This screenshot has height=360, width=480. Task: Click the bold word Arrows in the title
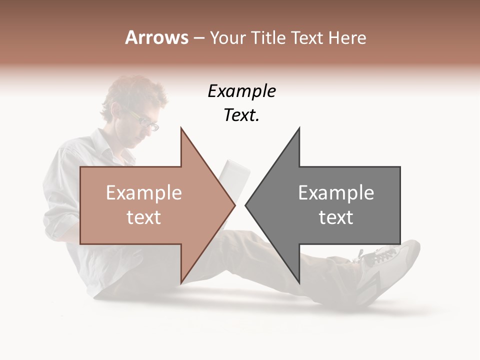157,37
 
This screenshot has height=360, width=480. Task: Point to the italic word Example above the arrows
241,91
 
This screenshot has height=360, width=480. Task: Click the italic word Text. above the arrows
241,115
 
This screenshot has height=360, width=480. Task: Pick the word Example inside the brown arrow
144,193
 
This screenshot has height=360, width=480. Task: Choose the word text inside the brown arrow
144,217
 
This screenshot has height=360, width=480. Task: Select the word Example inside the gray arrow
336,193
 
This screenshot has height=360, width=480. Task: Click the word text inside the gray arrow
336,217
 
